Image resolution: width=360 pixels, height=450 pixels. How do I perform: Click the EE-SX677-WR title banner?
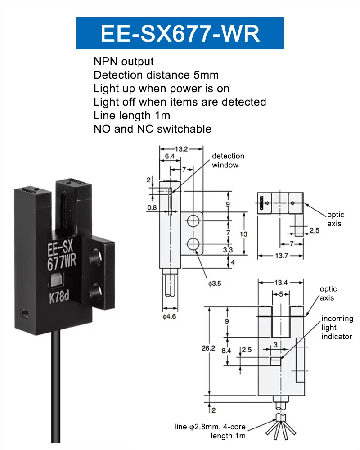[x=180, y=33]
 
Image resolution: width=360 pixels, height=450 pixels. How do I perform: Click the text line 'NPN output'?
[x=124, y=61]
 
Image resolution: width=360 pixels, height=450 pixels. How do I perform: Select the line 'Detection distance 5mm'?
[x=156, y=75]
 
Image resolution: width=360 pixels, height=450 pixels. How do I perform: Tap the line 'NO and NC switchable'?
[x=153, y=129]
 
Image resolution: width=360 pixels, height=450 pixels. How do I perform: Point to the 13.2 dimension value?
[x=181, y=149]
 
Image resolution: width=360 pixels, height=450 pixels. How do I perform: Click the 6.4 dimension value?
[x=170, y=156]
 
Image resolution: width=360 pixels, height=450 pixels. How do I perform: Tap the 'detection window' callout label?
[x=228, y=161]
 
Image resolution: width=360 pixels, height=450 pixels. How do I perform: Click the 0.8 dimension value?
[x=152, y=207]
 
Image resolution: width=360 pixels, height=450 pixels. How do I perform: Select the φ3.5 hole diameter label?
[x=215, y=283]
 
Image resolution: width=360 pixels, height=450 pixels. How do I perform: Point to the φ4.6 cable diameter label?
[x=169, y=316]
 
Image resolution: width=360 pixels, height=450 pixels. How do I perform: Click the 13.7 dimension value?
[x=281, y=256]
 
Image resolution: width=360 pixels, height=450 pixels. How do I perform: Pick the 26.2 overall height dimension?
[x=208, y=348]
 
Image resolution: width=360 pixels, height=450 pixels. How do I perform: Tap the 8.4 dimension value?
[x=226, y=350]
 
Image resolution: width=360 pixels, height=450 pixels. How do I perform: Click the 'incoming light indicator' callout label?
[x=337, y=328]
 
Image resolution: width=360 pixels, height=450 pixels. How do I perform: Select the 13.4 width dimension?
[x=281, y=283]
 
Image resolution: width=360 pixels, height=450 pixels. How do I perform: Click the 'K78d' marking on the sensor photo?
[x=59, y=297]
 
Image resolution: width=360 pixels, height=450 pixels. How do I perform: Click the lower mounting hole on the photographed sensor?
[x=95, y=291]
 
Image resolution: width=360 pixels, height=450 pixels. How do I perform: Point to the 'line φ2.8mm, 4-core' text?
[x=210, y=427]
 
